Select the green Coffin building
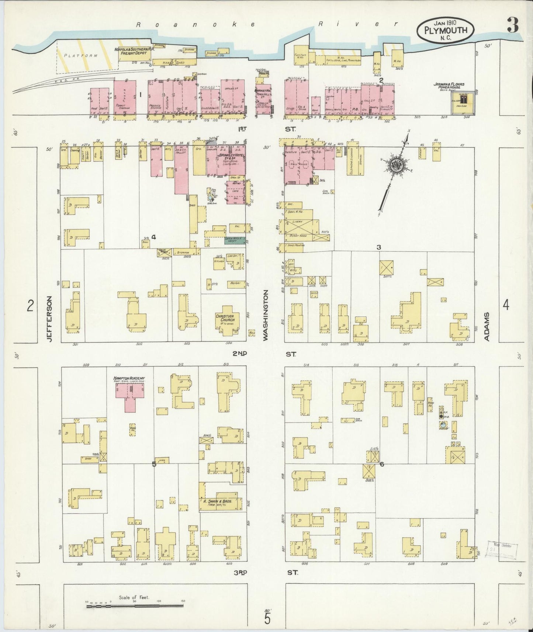(x=235, y=240)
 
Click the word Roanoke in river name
(x=196, y=24)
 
